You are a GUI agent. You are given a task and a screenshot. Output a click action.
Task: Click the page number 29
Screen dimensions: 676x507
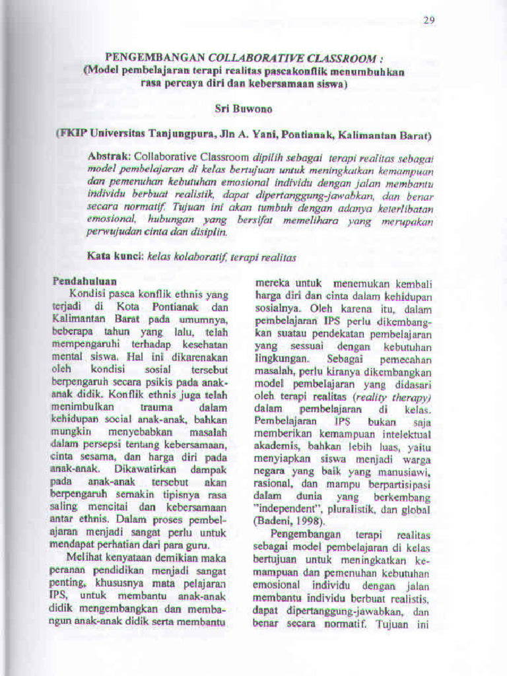pos(429,20)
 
